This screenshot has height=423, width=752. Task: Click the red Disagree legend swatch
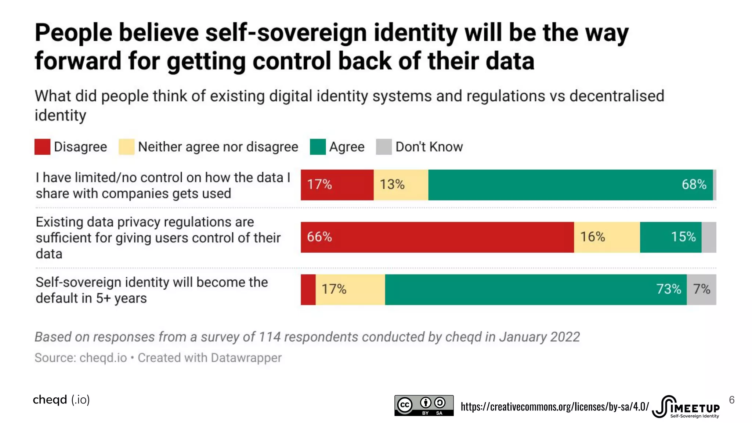click(42, 147)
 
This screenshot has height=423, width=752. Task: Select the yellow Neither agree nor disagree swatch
click(126, 147)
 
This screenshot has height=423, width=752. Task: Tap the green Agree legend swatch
click(318, 147)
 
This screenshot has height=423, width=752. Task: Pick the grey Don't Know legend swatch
click(384, 147)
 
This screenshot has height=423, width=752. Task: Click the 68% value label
click(694, 184)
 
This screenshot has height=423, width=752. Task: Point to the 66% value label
click(319, 237)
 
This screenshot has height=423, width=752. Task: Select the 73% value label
click(669, 289)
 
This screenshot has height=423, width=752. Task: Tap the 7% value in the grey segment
click(701, 289)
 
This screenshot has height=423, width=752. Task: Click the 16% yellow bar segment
click(607, 237)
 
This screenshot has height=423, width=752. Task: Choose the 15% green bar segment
click(670, 237)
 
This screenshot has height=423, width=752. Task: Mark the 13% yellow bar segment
click(401, 185)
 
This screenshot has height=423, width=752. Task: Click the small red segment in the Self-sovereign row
click(308, 289)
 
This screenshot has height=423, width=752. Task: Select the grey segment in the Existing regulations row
click(709, 237)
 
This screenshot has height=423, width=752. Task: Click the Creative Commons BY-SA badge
click(424, 405)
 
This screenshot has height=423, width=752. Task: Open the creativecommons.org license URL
click(554, 406)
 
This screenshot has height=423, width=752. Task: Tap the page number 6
click(731, 400)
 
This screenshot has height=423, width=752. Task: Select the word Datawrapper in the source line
click(246, 358)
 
